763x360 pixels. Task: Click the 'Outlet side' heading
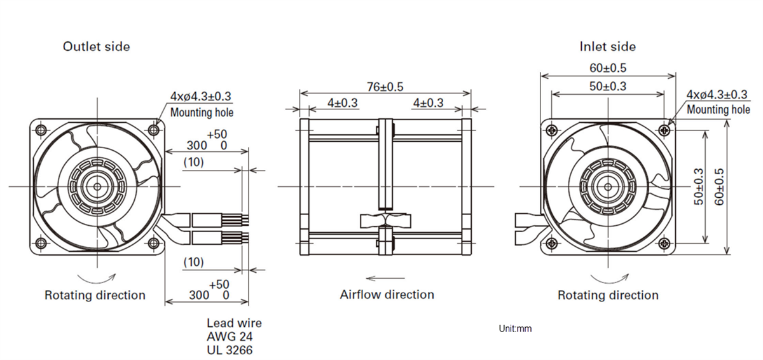(96, 46)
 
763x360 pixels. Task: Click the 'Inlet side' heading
(607, 46)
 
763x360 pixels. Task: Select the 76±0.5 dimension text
(385, 87)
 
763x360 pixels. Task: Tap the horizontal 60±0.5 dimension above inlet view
(607, 67)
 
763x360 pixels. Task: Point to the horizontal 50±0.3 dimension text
(607, 87)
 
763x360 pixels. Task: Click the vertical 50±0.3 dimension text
(699, 186)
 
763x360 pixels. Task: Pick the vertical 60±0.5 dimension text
(719, 186)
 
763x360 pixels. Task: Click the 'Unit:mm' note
(515, 329)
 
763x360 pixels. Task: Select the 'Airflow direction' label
(387, 294)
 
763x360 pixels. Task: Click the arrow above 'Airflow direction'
(385, 278)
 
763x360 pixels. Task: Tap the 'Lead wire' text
(234, 323)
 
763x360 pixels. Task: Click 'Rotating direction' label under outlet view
(95, 295)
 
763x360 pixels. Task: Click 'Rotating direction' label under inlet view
(608, 295)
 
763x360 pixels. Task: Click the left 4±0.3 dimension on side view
(343, 102)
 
